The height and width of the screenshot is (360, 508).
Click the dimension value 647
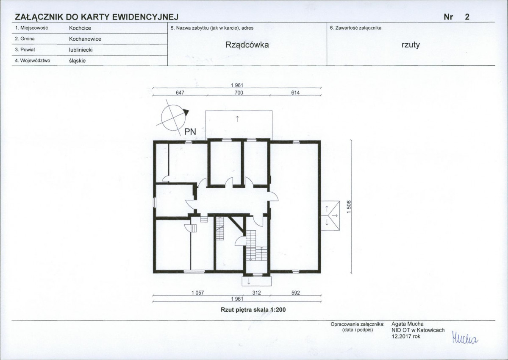180,93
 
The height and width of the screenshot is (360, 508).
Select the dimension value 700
239,93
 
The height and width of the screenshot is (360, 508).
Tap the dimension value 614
295,93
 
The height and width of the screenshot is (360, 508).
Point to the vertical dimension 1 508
349,207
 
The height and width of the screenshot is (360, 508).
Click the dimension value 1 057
197,293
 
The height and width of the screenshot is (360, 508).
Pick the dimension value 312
257,293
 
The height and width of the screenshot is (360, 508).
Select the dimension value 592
295,293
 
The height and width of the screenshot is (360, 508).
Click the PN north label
191,132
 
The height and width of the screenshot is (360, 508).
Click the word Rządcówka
247,45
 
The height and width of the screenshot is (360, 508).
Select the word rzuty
411,45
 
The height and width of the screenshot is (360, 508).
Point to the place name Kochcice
80,28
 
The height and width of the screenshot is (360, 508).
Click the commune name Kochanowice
85,39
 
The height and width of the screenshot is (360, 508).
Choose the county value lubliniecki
81,50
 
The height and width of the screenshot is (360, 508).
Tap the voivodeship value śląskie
77,61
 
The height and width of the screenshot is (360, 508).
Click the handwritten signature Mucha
465,338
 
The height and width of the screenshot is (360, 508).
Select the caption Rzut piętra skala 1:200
253,310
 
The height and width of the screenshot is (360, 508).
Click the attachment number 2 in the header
467,17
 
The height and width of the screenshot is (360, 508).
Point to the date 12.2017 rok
406,336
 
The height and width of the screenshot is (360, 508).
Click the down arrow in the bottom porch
249,281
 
